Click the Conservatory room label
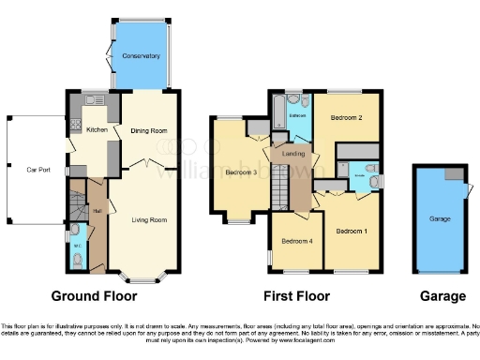click(x=141, y=56)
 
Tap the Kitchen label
click(x=97, y=130)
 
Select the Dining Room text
click(x=147, y=130)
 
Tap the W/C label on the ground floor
click(x=77, y=247)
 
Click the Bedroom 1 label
click(x=352, y=231)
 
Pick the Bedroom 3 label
click(x=241, y=172)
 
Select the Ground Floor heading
click(x=94, y=296)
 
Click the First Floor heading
click(x=297, y=296)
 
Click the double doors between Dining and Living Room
click(x=142, y=164)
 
